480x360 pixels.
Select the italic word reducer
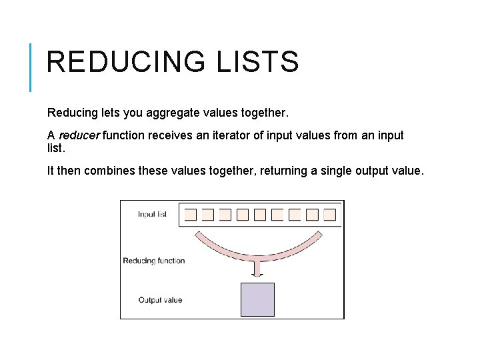point(79,135)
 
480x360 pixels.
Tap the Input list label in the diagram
point(152,215)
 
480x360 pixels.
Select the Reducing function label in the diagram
point(154,261)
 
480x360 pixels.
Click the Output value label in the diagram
point(160,300)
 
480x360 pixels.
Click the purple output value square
point(257,299)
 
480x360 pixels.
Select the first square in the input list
point(191,215)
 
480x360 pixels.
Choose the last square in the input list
point(329,215)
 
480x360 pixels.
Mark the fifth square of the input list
point(260,215)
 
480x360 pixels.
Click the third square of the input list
point(225,215)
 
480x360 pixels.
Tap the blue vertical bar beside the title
point(31,67)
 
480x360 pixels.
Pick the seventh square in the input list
point(295,215)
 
